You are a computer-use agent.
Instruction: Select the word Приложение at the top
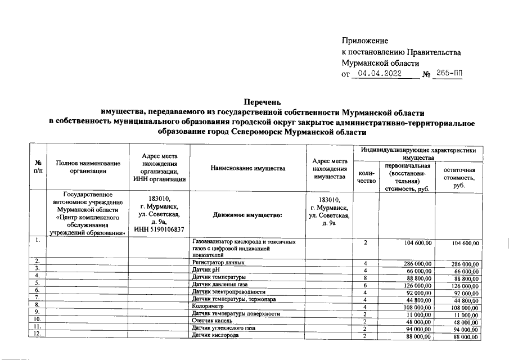[365, 40]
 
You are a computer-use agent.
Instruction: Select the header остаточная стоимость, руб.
[459, 177]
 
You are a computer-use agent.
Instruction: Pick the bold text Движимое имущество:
[247, 215]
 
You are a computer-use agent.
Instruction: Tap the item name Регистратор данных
[218, 263]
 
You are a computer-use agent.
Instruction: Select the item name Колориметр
[208, 307]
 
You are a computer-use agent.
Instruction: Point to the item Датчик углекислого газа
[224, 328]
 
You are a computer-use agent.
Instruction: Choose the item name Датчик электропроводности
[228, 292]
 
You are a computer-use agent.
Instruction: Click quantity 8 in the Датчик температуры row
[365, 277]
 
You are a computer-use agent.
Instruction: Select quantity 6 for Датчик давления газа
[365, 285]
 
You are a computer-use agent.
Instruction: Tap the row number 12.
[37, 335]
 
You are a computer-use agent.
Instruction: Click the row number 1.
[37, 241]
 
